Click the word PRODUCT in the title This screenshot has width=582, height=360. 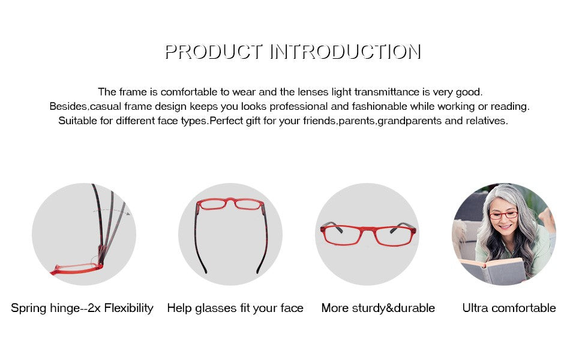pos(214,52)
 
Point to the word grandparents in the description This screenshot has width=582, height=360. pos(410,121)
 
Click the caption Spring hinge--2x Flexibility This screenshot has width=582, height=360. pos(82,308)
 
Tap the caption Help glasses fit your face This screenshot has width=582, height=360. pos(235,308)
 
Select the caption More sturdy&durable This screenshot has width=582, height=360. pos(378,308)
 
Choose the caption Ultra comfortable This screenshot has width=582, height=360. pos(509,308)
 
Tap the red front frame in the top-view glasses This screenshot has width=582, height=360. pos(230,204)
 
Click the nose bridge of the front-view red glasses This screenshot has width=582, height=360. pos(367,230)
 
